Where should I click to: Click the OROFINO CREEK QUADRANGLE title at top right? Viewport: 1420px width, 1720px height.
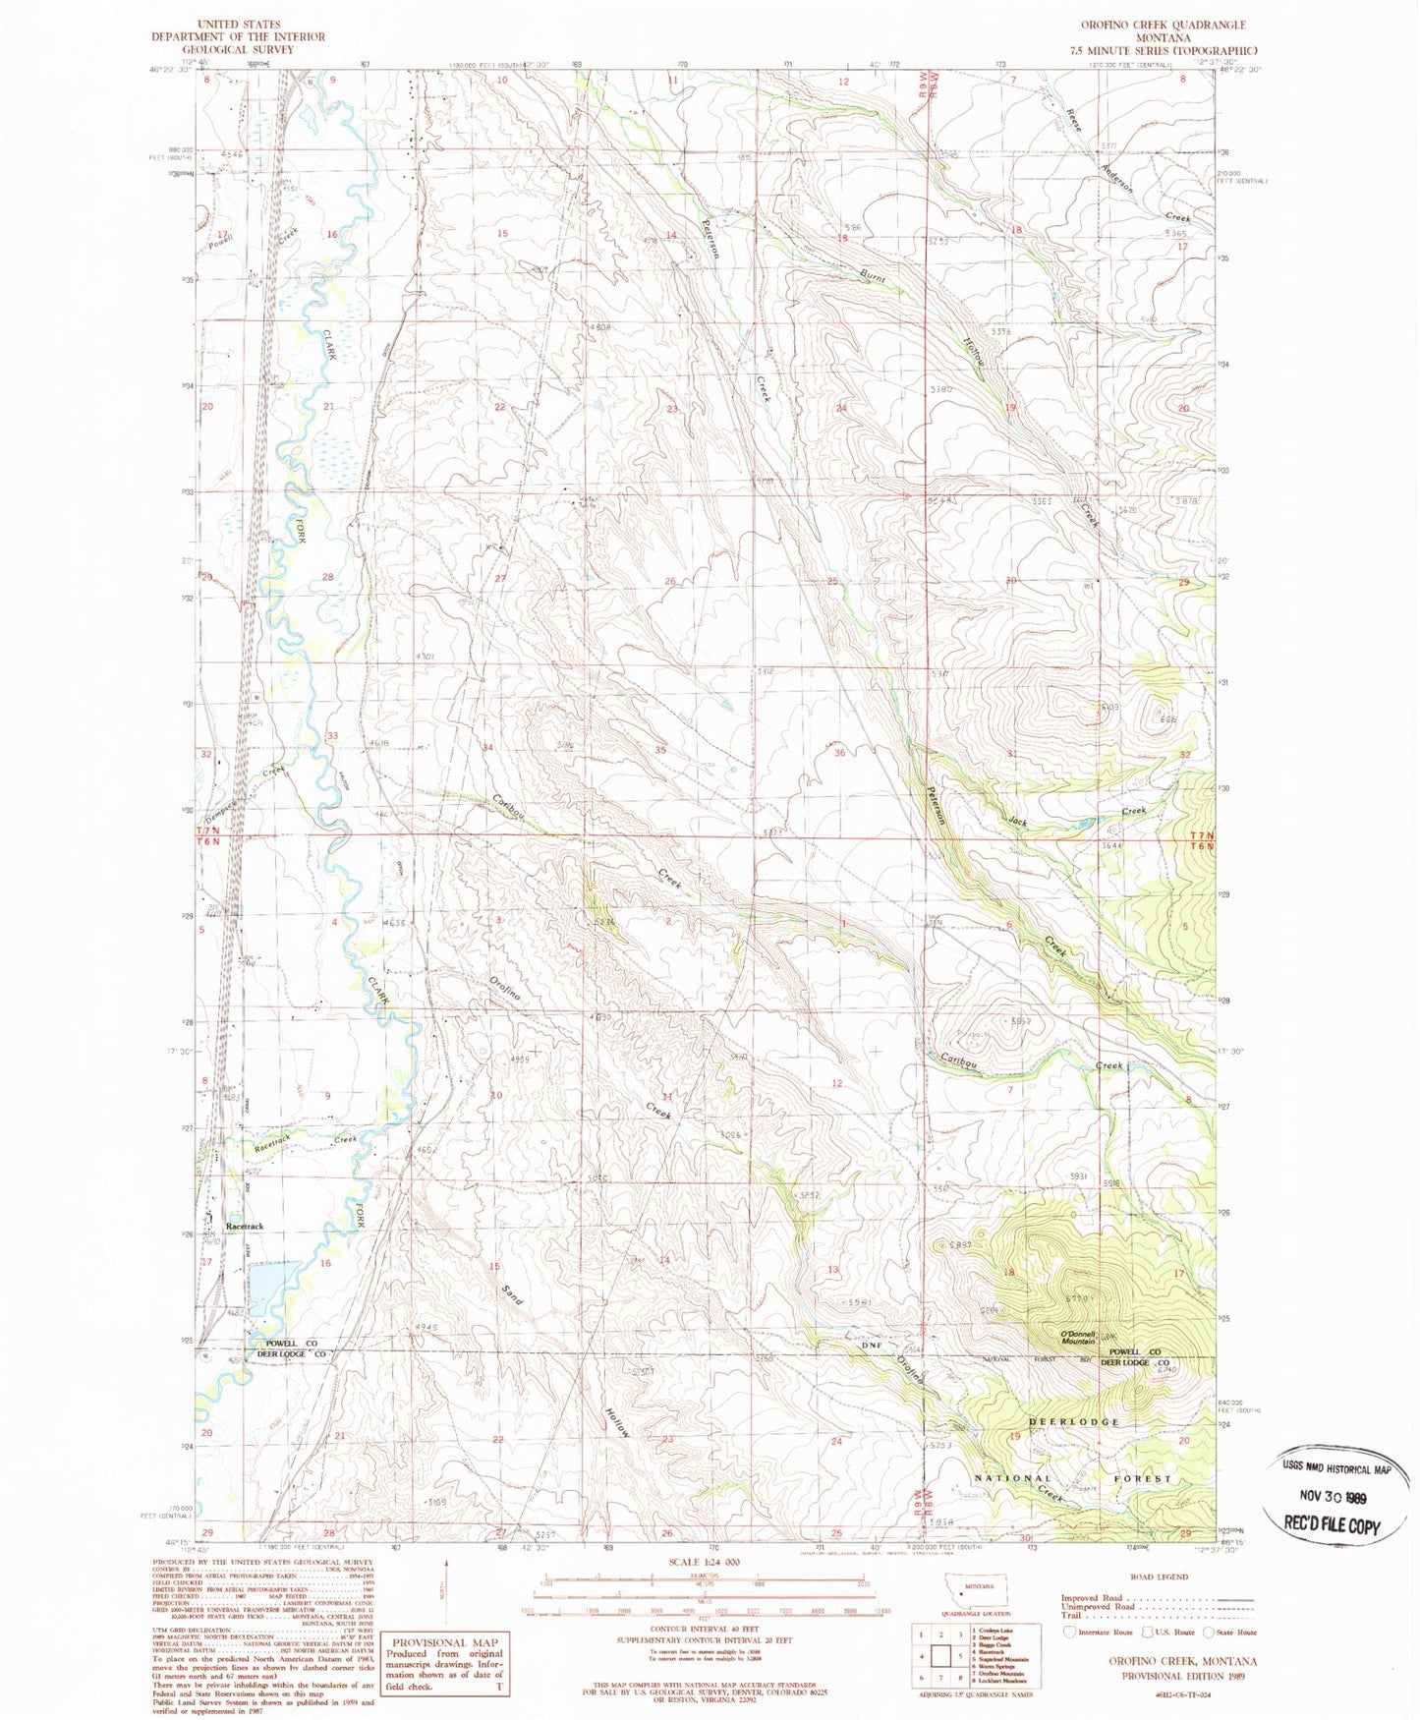[1163, 25]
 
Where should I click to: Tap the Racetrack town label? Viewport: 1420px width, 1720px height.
[245, 1227]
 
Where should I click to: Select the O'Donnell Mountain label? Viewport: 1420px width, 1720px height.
[1077, 1338]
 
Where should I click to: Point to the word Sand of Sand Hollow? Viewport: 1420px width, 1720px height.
[512, 1295]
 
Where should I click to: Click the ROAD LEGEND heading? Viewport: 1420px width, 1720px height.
[1159, 1577]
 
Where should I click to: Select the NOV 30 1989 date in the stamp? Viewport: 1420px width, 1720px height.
[1333, 1499]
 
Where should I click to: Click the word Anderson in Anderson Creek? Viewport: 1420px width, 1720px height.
[1116, 177]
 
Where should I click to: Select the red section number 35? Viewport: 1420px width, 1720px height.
[660, 750]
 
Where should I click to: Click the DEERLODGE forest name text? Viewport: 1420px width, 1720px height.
[1074, 1422]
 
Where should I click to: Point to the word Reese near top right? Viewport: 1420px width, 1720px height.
[1073, 120]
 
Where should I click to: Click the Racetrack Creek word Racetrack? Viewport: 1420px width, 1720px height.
[273, 1144]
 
